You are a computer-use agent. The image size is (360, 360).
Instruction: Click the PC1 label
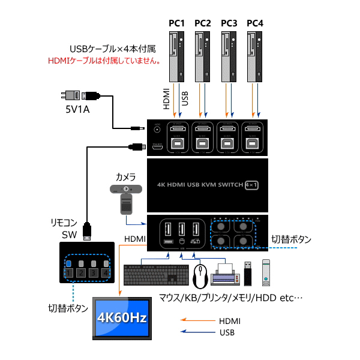click(176, 23)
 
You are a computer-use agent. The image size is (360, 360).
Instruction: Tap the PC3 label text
click(229, 23)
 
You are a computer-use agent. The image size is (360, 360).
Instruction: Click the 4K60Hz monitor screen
click(122, 317)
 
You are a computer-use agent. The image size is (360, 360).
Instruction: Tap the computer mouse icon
click(201, 275)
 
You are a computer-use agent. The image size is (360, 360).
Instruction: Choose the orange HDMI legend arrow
click(197, 321)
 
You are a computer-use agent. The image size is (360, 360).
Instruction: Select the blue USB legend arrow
click(197, 332)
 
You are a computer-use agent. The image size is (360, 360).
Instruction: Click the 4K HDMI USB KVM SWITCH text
click(199, 185)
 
